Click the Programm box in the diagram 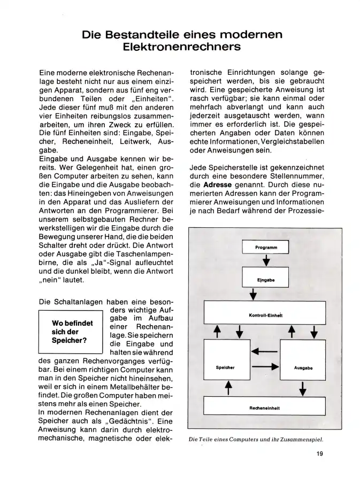coord(265,248)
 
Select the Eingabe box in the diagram coord(265,280)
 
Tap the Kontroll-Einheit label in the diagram coord(265,315)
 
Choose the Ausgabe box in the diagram coord(303,367)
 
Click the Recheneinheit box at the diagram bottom coord(265,408)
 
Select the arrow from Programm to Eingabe coord(266,262)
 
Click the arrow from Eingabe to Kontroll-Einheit coord(253,294)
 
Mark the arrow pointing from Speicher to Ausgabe coord(265,367)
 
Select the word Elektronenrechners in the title coord(180,47)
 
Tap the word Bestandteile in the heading coord(147,35)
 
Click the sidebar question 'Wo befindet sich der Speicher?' coord(71,332)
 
